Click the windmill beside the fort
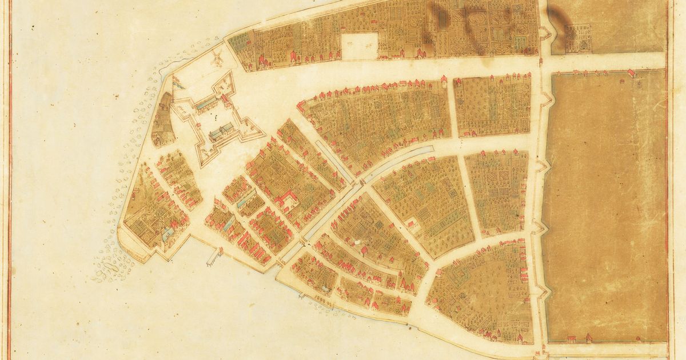[x=217, y=56]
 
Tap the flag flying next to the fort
[x=177, y=83]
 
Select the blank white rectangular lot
[x=360, y=45]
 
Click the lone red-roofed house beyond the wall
[x=631, y=73]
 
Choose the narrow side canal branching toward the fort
[x=331, y=159]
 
